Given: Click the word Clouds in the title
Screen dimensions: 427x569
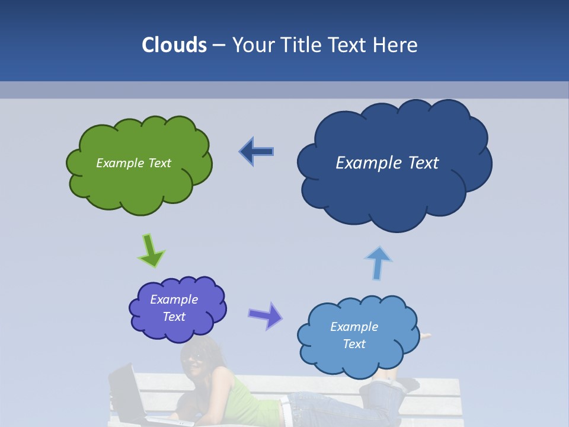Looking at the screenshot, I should (174, 45).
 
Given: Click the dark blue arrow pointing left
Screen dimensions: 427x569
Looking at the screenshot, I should (257, 152).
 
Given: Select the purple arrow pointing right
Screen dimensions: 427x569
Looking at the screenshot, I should (265, 315).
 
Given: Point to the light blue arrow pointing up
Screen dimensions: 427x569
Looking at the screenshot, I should (378, 262).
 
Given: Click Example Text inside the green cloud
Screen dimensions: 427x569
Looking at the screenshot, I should (134, 163).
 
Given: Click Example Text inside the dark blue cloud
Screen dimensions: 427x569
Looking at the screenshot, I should (387, 163).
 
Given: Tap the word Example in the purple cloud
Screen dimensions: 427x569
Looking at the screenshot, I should (174, 299).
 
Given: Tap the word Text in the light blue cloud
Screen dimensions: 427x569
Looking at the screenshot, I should (354, 344).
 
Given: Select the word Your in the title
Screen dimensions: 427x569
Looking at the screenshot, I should (252, 45).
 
